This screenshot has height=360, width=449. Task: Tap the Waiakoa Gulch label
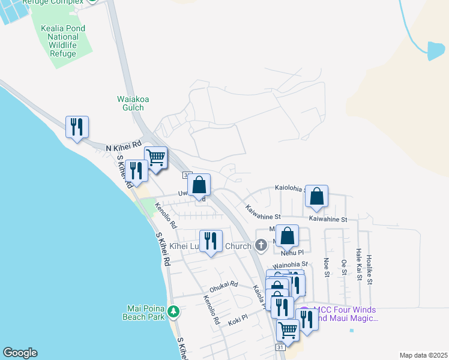(x=130, y=103)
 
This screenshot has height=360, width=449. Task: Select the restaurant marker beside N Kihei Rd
(x=77, y=127)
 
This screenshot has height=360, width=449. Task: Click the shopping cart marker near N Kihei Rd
(x=155, y=158)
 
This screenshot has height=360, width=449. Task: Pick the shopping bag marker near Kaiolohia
(x=316, y=196)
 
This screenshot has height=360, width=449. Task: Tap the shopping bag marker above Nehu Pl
(x=288, y=236)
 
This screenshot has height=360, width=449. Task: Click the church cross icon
(x=261, y=245)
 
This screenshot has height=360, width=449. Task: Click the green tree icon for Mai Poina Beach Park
(x=173, y=311)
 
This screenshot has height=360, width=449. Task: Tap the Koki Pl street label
(x=238, y=322)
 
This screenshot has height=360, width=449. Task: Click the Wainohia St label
(x=290, y=263)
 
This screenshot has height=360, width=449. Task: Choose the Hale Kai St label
(x=358, y=262)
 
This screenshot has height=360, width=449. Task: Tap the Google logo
(x=20, y=353)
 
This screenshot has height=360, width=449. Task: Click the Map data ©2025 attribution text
(x=423, y=355)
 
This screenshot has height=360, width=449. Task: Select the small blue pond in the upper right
(x=436, y=51)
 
